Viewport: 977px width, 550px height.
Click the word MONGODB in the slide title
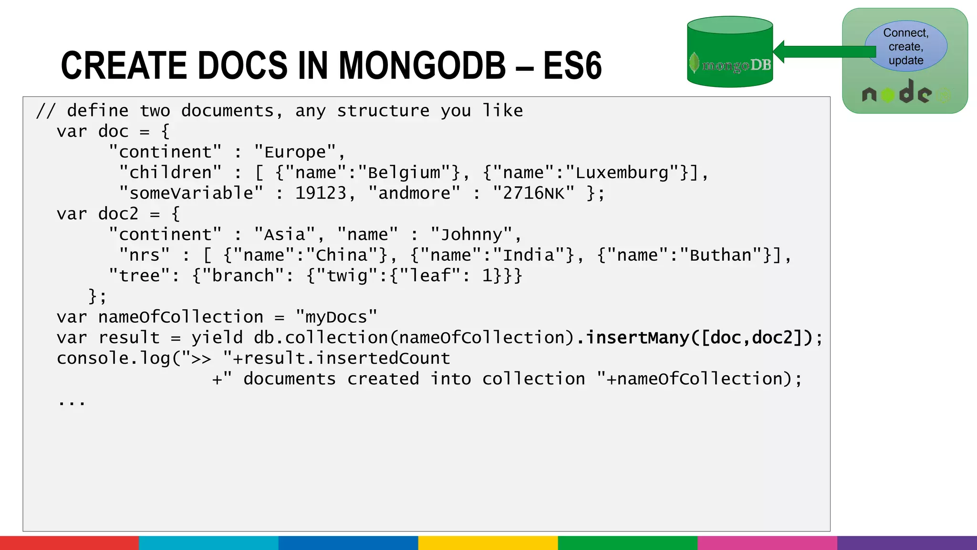422,65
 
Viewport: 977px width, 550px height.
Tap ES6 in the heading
572,65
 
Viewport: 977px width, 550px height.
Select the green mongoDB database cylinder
729,53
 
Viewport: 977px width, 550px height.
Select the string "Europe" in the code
295,152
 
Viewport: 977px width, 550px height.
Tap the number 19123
321,193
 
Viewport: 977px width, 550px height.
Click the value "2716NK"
533,193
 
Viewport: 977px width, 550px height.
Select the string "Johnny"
471,235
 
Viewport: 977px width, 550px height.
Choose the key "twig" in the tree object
347,276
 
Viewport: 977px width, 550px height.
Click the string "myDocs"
336,317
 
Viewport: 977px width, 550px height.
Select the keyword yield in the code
217,338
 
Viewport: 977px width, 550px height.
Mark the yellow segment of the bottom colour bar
488,543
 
